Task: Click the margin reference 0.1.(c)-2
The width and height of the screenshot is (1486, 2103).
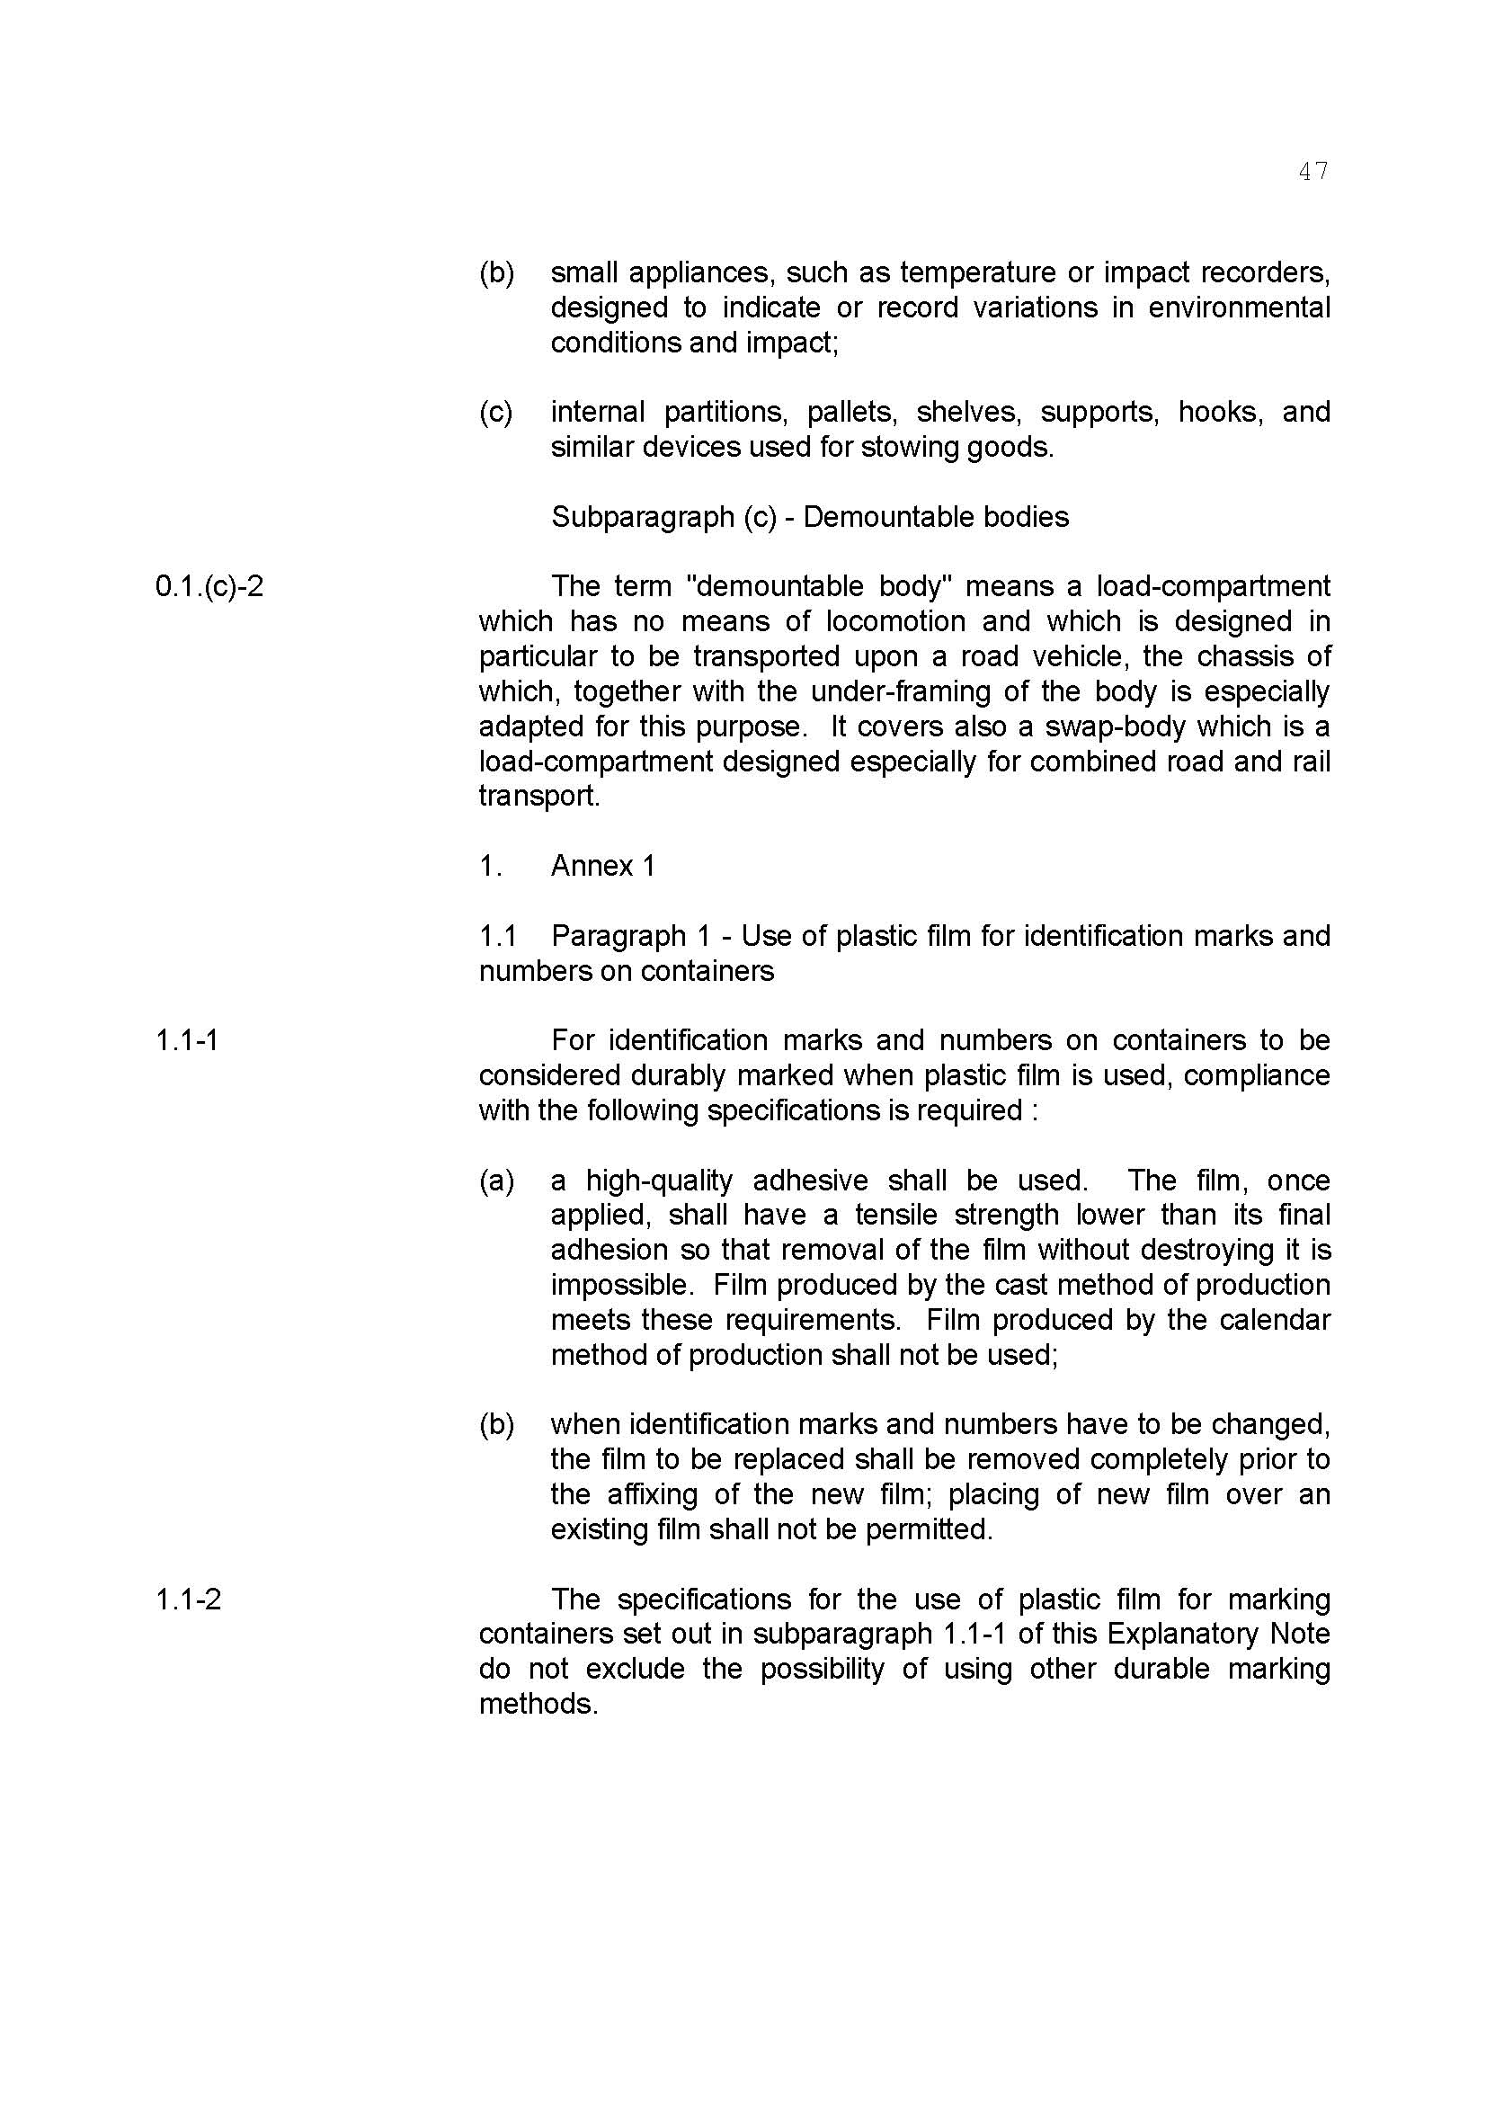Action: coord(209,586)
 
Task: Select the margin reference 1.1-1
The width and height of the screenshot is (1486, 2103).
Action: coord(187,1040)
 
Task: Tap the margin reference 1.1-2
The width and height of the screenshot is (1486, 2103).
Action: coord(188,1600)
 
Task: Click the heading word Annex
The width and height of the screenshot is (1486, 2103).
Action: coord(591,866)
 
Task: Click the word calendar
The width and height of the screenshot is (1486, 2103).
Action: coord(1276,1320)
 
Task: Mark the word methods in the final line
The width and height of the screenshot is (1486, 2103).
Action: coord(538,1705)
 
